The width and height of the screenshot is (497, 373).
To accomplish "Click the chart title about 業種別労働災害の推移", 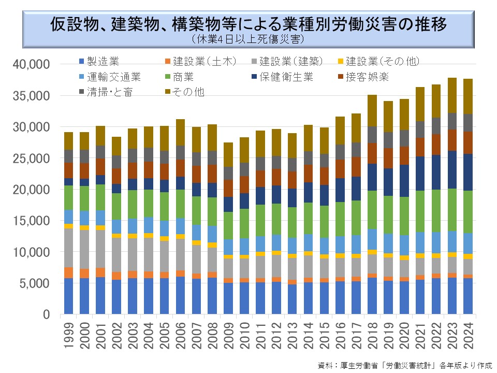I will [x=248, y=24].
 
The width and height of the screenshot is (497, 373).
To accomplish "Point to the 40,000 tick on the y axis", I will [x=31, y=64].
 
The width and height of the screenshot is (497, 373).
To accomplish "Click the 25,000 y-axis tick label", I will [x=31, y=158].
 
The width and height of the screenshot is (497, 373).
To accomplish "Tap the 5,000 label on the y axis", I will [x=34, y=283].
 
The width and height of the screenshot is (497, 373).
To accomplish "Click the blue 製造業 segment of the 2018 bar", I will [x=372, y=296].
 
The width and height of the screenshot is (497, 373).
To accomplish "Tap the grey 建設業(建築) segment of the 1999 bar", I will [x=69, y=248].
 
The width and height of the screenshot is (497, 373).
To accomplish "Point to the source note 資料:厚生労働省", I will [x=404, y=365].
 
